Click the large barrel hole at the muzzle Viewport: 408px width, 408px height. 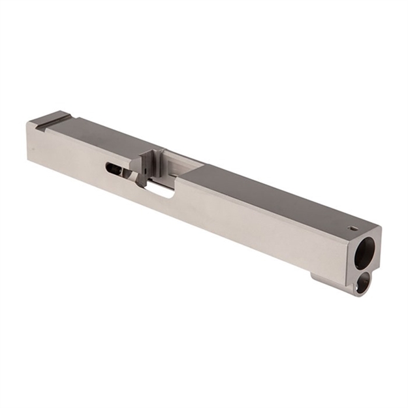click(x=366, y=251)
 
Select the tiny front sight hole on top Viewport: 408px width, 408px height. click(x=353, y=228)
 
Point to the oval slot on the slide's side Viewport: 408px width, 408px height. click(x=116, y=169)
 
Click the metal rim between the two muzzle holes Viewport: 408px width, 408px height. click(x=364, y=268)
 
